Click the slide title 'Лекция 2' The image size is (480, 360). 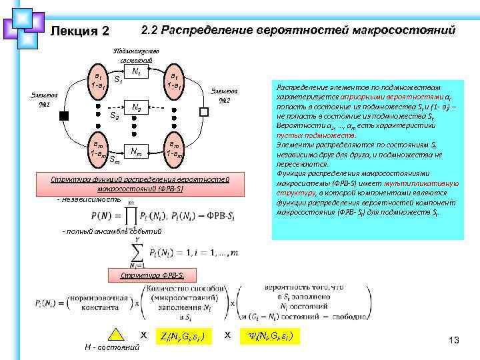79,31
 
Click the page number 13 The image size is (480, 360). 455,341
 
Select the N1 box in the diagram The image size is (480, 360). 135,71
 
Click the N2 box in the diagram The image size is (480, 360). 135,107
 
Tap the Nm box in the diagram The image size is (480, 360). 135,150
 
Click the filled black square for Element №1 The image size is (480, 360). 64,115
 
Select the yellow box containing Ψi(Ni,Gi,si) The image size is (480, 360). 269,335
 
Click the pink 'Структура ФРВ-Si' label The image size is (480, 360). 148,275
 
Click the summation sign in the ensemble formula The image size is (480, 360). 139,251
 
